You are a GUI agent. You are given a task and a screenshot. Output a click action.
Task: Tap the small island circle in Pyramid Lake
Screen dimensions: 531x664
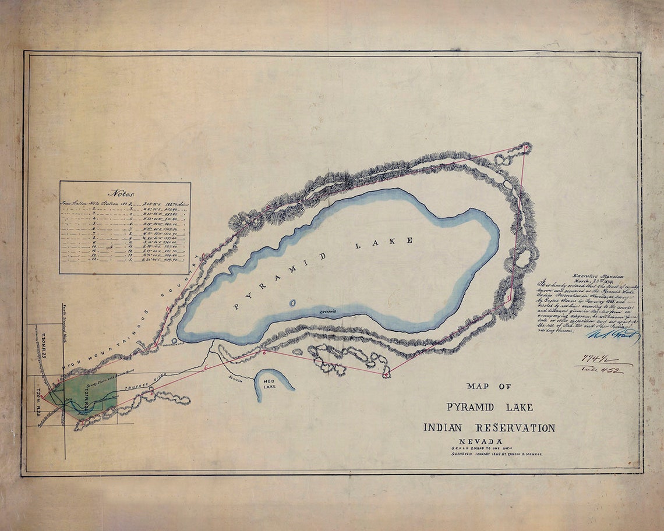(x=292, y=303)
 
